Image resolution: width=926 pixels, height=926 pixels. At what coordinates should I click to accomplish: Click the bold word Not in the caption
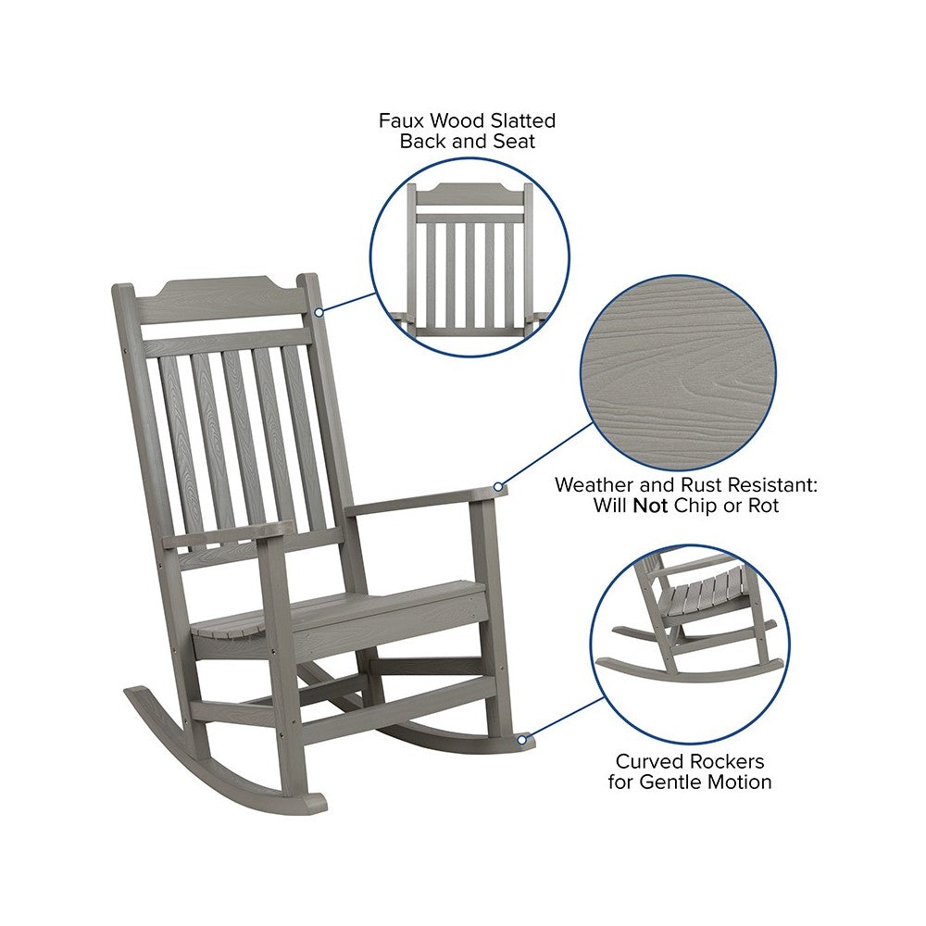pyautogui.click(x=650, y=506)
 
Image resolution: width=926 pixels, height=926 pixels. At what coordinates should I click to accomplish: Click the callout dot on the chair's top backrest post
pyautogui.click(x=319, y=312)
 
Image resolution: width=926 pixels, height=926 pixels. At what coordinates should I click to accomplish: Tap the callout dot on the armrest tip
pyautogui.click(x=498, y=487)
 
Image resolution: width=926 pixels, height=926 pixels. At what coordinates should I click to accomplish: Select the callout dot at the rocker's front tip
pyautogui.click(x=522, y=739)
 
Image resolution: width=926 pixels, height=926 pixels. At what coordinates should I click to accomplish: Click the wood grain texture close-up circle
pyautogui.click(x=679, y=373)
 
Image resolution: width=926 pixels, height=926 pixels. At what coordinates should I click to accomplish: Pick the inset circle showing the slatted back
pyautogui.click(x=470, y=257)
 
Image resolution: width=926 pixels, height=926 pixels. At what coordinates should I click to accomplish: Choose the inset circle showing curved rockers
pyautogui.click(x=691, y=644)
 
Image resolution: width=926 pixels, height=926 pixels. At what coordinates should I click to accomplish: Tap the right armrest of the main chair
pyautogui.click(x=424, y=501)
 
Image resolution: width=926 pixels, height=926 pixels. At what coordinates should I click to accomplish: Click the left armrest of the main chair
pyautogui.click(x=228, y=535)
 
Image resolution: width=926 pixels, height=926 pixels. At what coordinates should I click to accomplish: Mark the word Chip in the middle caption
pyautogui.click(x=695, y=507)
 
